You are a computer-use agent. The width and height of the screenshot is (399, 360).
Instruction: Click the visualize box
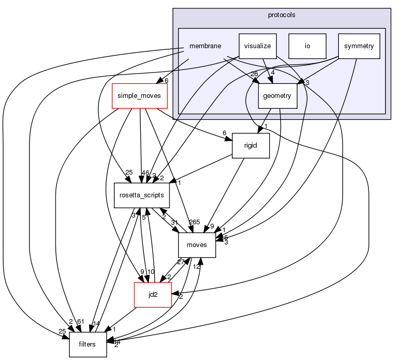[x=258, y=46]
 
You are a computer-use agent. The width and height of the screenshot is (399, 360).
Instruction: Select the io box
[x=307, y=46]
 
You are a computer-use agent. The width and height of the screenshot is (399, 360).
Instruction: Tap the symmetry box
[x=359, y=46]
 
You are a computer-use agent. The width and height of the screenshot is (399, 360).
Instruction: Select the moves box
[x=197, y=244]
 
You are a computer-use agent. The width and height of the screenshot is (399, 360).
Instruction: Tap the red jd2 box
[x=153, y=294]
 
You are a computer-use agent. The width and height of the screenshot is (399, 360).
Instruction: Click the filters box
[x=88, y=344]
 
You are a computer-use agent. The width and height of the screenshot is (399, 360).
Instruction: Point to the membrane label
[x=205, y=46]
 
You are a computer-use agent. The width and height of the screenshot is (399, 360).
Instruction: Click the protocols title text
[x=282, y=15]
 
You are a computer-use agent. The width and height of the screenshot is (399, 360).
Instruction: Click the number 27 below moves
[x=181, y=262]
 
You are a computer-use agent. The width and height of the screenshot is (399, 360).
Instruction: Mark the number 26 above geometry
[x=254, y=74]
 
